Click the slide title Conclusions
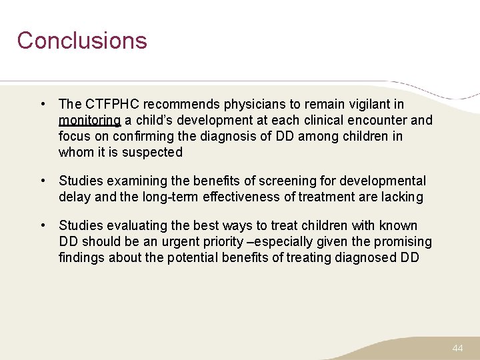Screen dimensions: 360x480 click(x=82, y=41)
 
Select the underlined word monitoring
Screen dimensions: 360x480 click(x=89, y=121)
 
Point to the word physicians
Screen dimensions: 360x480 click(x=255, y=104)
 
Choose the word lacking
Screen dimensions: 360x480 click(x=400, y=197)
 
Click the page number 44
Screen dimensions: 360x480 click(x=457, y=349)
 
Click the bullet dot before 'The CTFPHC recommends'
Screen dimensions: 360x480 click(x=42, y=104)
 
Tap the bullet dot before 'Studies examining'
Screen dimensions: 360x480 click(x=42, y=181)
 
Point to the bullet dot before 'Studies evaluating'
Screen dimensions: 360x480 click(x=42, y=225)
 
